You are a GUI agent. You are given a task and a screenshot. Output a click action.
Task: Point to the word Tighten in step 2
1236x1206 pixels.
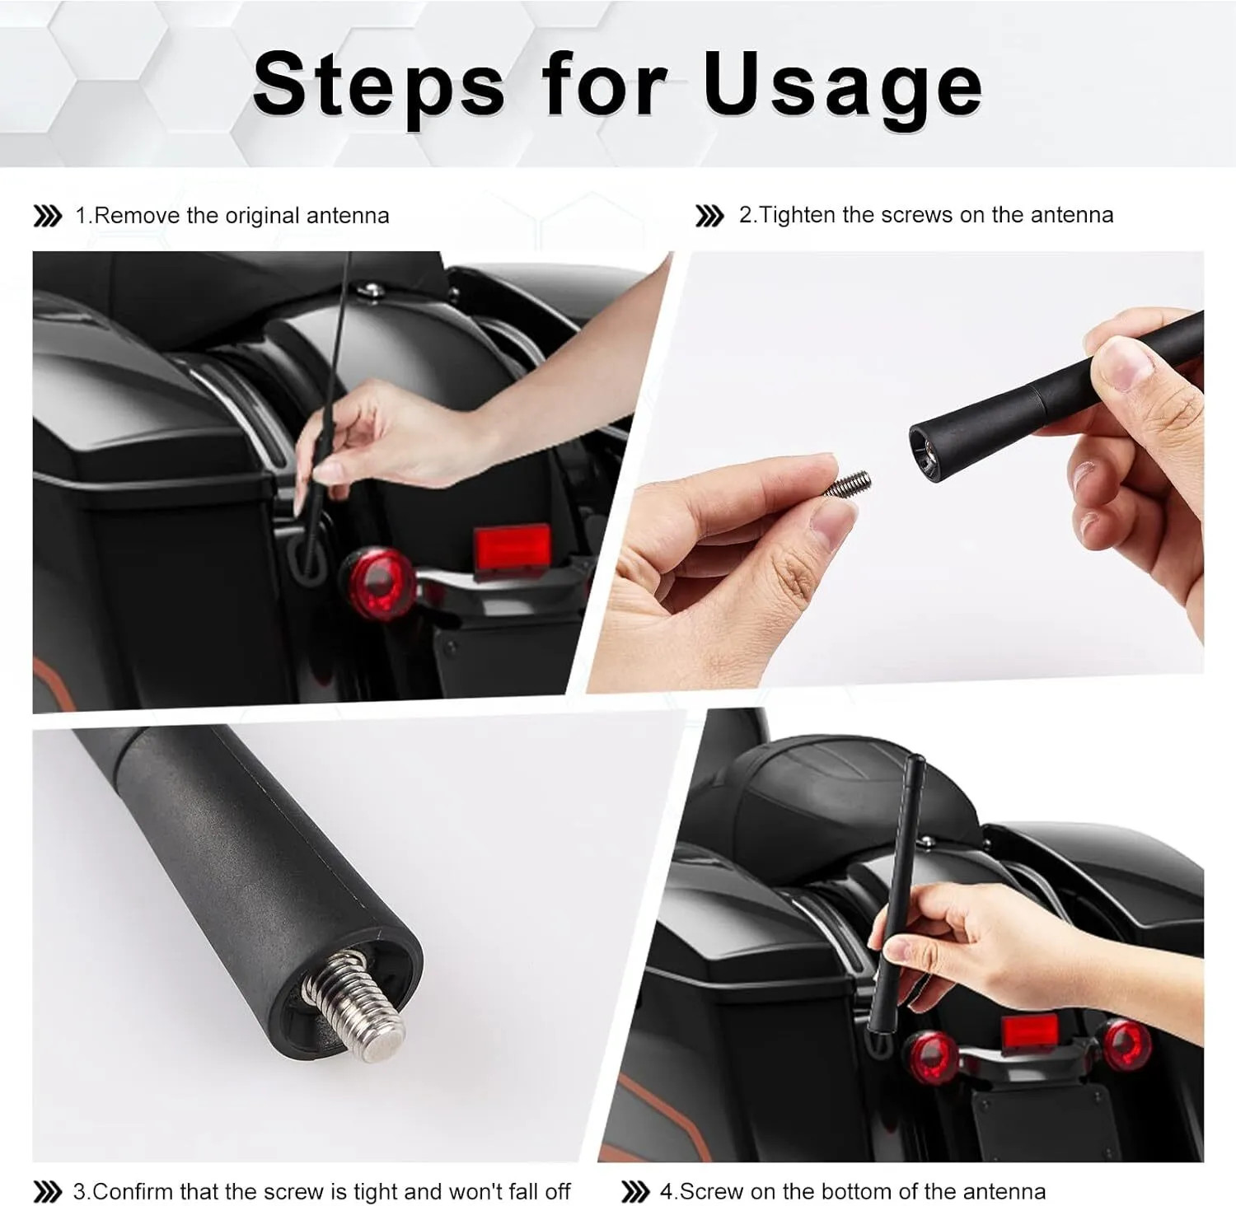798,216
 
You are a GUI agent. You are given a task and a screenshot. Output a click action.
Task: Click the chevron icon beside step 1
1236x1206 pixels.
47,217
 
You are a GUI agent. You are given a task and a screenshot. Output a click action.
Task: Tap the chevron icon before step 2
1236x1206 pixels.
709,216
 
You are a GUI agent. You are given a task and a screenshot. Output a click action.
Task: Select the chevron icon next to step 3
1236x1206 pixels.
47,1192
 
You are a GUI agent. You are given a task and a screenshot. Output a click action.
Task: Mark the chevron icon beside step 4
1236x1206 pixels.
634,1191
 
